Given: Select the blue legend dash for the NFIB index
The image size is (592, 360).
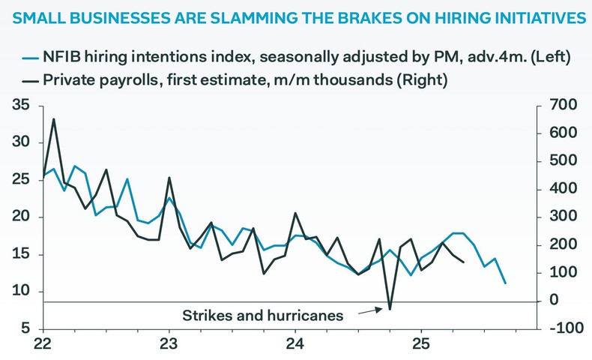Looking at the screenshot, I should (29, 56).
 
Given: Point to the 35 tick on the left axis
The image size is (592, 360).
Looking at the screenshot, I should (21, 106).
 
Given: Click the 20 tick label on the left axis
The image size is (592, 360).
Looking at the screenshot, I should (21, 217).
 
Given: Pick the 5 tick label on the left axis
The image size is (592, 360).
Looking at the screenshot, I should (25, 328).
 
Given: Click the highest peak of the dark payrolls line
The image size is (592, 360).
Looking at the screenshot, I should (54, 118).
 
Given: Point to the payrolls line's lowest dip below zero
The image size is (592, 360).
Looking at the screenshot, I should (390, 308).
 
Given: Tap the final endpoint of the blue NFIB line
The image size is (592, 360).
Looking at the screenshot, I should (505, 283).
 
